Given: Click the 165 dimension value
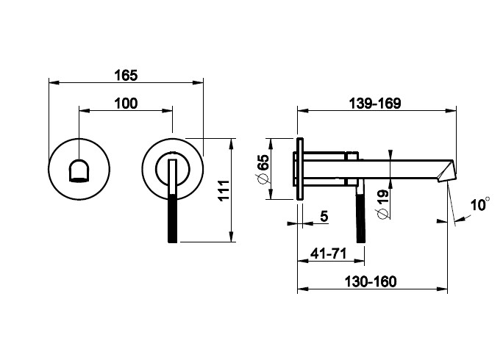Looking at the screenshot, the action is pos(126,76).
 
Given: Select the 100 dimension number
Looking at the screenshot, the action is pos(126,104).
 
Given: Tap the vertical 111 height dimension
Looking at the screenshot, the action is pos(224,190).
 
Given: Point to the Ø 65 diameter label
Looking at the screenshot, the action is pos(263,169).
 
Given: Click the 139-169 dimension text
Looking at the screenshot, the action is pos(375,104).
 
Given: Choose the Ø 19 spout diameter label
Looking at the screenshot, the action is pos(382,204).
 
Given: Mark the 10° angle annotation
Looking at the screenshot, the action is pos(480,204).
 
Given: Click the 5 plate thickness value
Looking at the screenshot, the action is pos(324,217).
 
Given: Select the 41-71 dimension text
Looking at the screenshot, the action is pos(329,254).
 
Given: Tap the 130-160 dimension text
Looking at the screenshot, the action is pos(371,282).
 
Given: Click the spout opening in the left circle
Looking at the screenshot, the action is pos(79,170).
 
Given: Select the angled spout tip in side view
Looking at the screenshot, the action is pos(446,171).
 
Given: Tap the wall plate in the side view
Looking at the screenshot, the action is pos(300,169).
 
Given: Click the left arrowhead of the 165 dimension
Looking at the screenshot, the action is pos(54,83).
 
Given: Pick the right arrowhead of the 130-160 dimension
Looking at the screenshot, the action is pos(443,289).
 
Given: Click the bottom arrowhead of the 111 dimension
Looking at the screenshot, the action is pos(231,237).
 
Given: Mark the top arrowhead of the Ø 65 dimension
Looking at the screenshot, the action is pos(271,143).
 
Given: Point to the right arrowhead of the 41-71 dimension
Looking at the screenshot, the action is pos(360,261).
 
